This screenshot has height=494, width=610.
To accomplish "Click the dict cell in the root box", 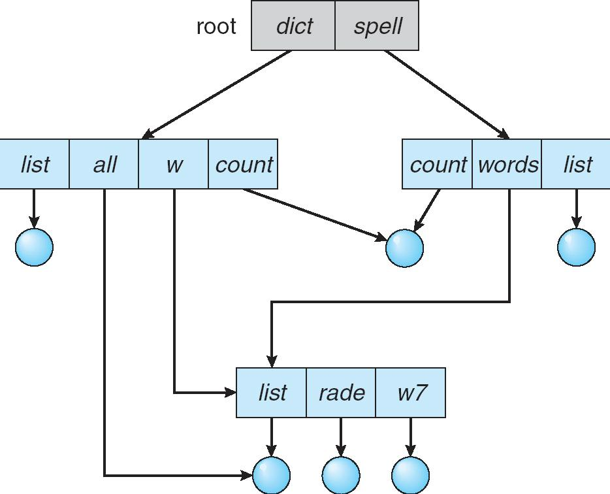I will (x=293, y=26).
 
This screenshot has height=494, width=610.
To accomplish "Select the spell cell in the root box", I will (x=377, y=26).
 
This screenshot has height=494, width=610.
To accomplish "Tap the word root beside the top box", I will (x=216, y=27).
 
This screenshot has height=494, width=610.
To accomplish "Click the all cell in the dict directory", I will (x=104, y=164).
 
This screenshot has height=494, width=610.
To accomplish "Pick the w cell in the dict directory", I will (x=173, y=164).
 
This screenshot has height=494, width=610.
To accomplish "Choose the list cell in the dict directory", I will (x=35, y=164).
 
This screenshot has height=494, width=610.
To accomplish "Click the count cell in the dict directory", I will (x=243, y=164).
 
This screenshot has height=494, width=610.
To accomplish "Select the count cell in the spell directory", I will (x=437, y=164).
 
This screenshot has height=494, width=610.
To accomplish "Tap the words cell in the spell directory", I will (x=507, y=164).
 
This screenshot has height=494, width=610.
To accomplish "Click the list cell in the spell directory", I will (x=577, y=164).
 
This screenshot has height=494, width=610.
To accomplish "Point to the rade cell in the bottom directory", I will (x=341, y=393).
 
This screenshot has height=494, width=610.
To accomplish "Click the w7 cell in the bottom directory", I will (x=411, y=393).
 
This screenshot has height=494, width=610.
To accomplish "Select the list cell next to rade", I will (x=271, y=393).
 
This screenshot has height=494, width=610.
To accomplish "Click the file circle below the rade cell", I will (x=341, y=475).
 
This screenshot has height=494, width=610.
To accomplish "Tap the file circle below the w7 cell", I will (x=411, y=475).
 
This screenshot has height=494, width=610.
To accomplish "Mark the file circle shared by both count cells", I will (x=405, y=248).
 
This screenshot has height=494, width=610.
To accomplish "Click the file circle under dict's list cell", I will (x=34, y=248).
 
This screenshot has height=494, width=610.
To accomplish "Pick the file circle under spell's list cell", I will (x=577, y=248).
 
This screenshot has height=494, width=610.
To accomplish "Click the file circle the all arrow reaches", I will (x=271, y=475).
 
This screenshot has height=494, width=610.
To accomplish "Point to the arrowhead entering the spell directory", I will (x=505, y=135).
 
